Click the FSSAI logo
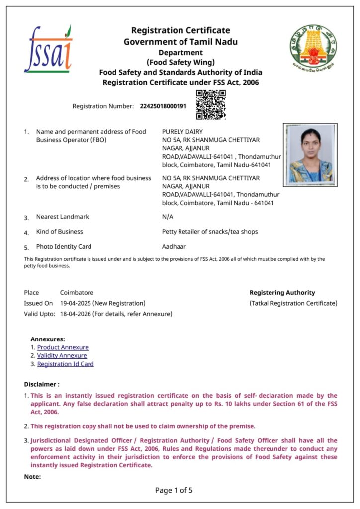click(x=48, y=49)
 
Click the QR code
click(x=211, y=105)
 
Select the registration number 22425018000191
click(x=163, y=106)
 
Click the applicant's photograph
click(x=310, y=155)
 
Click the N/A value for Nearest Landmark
click(x=168, y=217)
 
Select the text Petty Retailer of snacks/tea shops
click(x=210, y=232)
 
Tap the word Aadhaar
click(x=174, y=246)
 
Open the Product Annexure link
click(x=63, y=347)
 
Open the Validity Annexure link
click(x=62, y=356)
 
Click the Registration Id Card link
click(x=65, y=364)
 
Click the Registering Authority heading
click(x=282, y=293)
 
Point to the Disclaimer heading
click(x=42, y=384)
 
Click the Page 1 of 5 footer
click(x=174, y=490)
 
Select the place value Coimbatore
click(x=77, y=293)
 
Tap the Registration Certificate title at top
click(x=180, y=31)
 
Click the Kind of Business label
click(x=60, y=232)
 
